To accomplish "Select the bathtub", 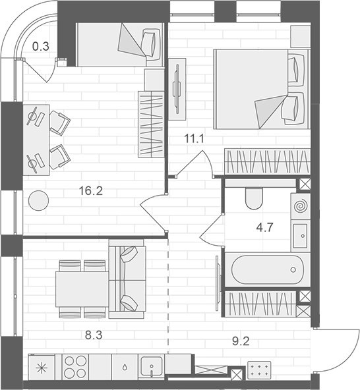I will pyautogui.click(x=266, y=269).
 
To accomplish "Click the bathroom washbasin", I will pyautogui.click(x=300, y=235).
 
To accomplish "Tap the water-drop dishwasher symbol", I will pyautogui.click(x=123, y=366).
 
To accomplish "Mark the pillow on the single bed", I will pyautogui.click(x=152, y=43).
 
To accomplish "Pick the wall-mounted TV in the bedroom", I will pyautogui.click(x=177, y=88).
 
